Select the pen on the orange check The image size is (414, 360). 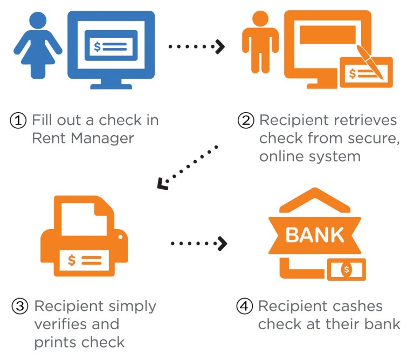click(370, 63)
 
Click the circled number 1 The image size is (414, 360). click(18, 120)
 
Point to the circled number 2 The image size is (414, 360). click(246, 120)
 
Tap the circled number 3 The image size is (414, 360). click(20, 307)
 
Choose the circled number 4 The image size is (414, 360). click(245, 306)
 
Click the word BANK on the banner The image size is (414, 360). click(315, 235)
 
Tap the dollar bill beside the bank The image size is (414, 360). click(347, 269)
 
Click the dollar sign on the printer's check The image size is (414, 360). click(72, 260)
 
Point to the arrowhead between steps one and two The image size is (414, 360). click(220, 47)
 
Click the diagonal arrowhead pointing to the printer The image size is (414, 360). click(162, 184)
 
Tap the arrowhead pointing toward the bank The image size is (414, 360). click(222, 244)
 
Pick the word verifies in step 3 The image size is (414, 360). click(61, 324)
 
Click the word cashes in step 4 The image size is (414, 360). click(358, 307)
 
